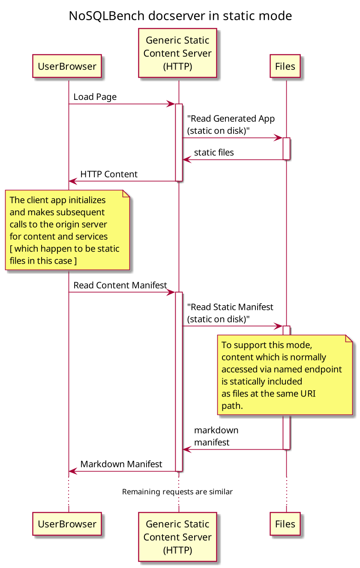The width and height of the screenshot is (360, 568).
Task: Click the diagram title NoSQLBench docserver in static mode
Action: coord(180,16)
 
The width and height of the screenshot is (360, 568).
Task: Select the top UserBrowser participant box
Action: coord(67,66)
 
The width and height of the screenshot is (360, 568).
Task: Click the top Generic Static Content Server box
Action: coord(177,53)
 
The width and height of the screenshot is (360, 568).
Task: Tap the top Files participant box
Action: coord(285,66)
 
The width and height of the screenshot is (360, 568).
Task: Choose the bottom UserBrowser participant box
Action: coord(67,523)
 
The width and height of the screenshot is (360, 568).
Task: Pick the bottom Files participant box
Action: coord(285,523)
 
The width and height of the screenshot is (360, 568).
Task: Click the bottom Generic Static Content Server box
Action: coord(177,537)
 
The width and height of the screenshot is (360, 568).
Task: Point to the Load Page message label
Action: coord(95,97)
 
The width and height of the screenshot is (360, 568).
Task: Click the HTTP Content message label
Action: coord(109,174)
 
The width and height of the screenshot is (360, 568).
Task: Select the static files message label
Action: coord(214,153)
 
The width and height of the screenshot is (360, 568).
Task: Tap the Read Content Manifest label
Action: coord(120,286)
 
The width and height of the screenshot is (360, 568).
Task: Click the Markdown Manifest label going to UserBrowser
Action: coord(121,464)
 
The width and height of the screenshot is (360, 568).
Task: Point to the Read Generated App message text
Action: coord(231,124)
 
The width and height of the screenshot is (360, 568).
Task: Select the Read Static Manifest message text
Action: coord(230,313)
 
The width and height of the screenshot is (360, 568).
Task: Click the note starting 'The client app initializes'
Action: coord(67,230)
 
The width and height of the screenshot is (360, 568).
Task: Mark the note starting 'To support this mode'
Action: coord(285,375)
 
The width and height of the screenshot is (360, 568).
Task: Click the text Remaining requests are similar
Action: coord(177,492)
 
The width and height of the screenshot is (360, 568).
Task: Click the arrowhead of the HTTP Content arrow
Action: coord(72,181)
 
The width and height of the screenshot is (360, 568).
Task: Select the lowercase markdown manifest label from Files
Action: coord(216,436)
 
